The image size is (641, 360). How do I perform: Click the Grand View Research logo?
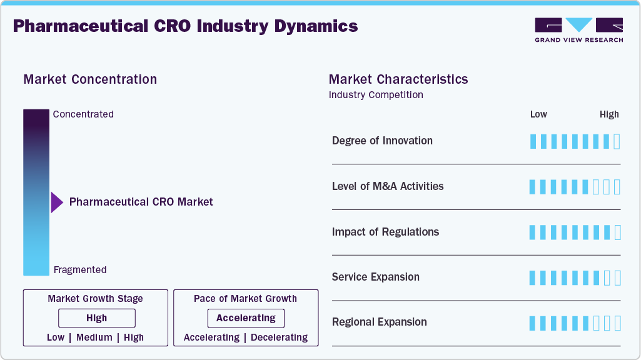coord(578,29)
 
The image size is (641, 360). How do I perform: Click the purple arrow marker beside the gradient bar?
coord(57,202)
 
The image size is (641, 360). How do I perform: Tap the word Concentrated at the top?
coord(83,114)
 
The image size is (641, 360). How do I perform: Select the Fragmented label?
coord(80,270)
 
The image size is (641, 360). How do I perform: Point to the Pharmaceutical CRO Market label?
coord(141,202)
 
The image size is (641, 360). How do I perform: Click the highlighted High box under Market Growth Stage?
coord(97,318)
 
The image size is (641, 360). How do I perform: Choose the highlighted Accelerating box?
coord(246,318)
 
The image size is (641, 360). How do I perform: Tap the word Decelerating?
coord(279,337)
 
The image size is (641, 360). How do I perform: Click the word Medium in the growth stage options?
coord(94,337)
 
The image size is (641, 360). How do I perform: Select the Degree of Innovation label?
coord(382,141)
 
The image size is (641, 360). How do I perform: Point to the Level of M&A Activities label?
coord(388,186)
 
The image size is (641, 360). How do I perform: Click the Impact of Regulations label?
coord(385,232)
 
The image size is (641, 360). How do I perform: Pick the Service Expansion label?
coord(376,277)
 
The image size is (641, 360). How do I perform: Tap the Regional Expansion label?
coord(380,322)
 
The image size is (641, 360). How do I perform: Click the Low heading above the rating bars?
coord(538,114)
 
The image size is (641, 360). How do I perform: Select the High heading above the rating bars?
coord(609,114)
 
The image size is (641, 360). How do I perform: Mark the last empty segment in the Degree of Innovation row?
coord(617,141)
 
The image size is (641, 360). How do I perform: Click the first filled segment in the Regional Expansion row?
coord(533,323)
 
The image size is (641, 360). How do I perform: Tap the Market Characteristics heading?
coord(398,79)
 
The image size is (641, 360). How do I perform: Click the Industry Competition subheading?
coord(376,95)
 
